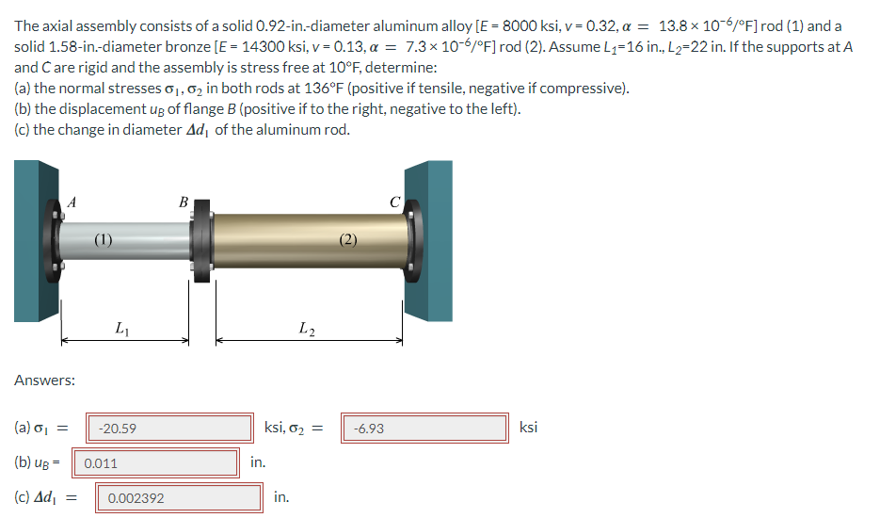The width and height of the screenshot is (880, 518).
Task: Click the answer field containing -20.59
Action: click(169, 429)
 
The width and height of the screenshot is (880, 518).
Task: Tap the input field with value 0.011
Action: click(155, 463)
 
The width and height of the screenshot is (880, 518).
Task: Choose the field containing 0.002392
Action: click(179, 498)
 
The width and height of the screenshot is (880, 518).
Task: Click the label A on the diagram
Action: click(72, 199)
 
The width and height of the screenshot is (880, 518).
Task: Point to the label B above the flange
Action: click(183, 200)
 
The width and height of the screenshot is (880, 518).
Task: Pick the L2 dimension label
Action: click(306, 328)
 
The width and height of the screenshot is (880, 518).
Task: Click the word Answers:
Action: click(44, 380)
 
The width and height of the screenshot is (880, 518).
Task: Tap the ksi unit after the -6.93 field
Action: click(529, 428)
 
